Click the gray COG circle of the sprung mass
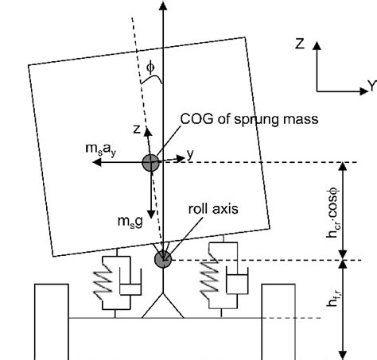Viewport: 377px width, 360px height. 151,163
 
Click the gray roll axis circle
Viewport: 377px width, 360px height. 163,259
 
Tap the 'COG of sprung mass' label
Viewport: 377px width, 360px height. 249,119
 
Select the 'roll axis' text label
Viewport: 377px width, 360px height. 213,209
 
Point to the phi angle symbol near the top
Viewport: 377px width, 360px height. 150,68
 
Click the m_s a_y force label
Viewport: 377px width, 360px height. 101,149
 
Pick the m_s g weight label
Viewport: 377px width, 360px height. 130,222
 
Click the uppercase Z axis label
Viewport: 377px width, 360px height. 300,44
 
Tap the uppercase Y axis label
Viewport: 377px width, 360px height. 372,86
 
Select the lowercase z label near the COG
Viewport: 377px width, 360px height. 137,130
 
